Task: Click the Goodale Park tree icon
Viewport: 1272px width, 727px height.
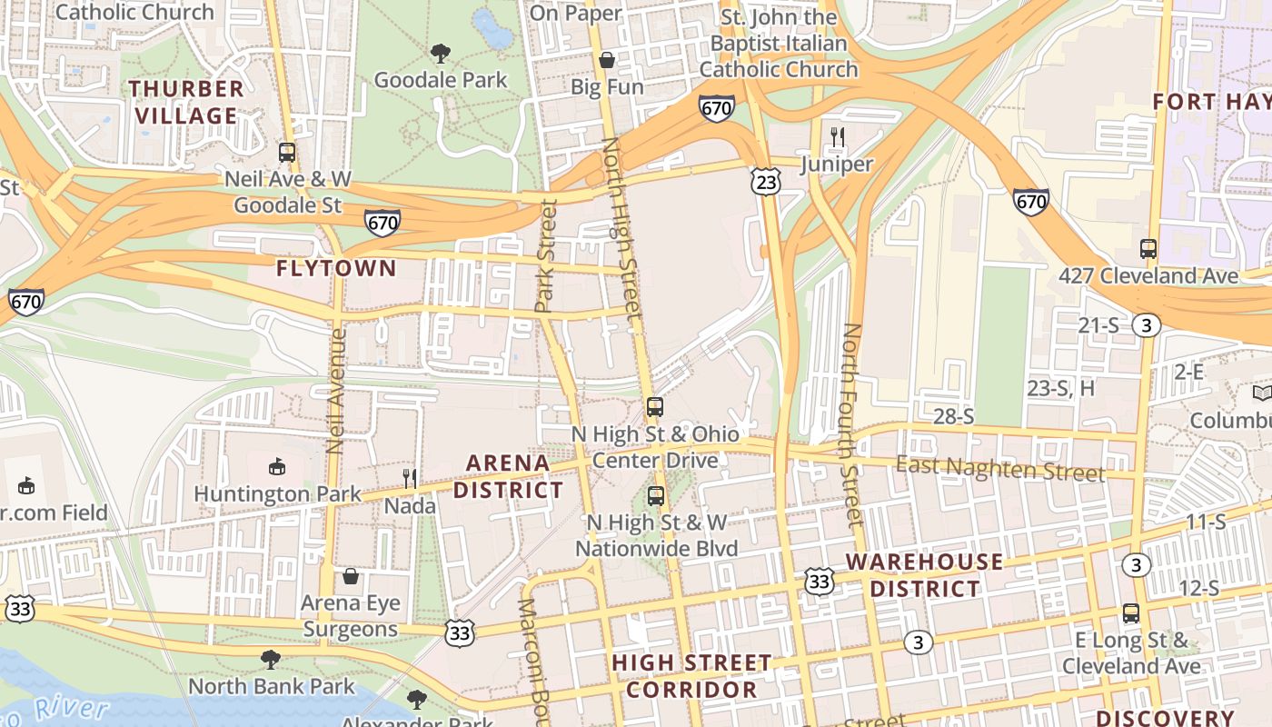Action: click(x=441, y=54)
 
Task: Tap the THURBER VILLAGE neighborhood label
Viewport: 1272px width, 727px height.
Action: click(x=186, y=102)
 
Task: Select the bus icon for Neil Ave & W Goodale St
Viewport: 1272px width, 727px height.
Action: click(x=287, y=153)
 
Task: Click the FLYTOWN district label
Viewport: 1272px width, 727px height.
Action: click(x=336, y=268)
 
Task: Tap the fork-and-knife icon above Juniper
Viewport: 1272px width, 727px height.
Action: click(x=838, y=138)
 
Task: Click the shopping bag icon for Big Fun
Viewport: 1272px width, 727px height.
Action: click(x=607, y=61)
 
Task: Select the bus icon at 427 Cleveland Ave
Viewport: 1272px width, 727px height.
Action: click(x=1148, y=249)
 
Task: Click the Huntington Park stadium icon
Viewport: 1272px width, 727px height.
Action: click(x=277, y=467)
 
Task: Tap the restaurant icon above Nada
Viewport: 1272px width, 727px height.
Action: click(x=410, y=478)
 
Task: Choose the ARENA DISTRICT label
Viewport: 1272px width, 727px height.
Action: click(x=509, y=476)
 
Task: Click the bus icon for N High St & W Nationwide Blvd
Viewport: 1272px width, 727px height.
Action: click(x=656, y=496)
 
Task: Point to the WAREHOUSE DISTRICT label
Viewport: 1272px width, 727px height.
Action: click(x=925, y=574)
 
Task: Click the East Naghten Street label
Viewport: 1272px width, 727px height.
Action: click(x=1000, y=469)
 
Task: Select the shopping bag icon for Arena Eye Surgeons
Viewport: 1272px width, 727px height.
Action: click(x=351, y=576)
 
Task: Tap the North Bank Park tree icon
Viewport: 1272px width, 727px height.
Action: click(x=271, y=659)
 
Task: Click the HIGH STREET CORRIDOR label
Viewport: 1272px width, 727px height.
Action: click(x=691, y=675)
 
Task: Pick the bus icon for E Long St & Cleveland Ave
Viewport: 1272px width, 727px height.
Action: click(x=1131, y=613)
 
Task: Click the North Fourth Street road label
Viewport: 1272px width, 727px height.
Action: click(x=850, y=424)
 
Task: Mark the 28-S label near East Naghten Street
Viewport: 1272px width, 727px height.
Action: click(x=954, y=416)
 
